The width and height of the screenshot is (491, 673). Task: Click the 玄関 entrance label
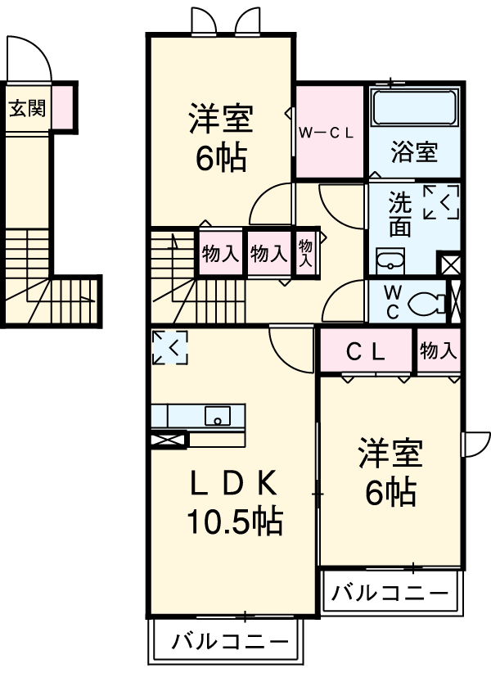click(27, 107)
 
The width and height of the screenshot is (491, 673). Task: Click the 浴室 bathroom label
click(413, 152)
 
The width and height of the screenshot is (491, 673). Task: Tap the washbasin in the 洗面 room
click(390, 261)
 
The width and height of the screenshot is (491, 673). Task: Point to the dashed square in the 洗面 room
click(440, 202)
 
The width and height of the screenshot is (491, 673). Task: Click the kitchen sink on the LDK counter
click(218, 415)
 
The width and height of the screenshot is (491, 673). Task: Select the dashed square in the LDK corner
click(169, 346)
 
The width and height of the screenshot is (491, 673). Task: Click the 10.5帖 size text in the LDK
click(235, 520)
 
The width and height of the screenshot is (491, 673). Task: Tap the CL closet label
click(365, 352)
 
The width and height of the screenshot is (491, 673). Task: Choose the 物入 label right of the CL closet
click(438, 351)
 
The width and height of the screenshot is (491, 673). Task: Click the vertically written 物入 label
click(305, 253)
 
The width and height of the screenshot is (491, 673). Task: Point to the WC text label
click(390, 301)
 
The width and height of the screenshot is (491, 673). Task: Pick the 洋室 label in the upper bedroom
click(220, 120)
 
